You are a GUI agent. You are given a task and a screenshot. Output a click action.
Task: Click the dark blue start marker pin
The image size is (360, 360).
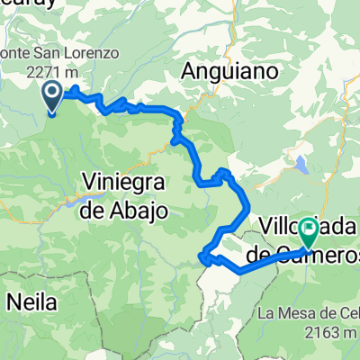[x=52, y=96]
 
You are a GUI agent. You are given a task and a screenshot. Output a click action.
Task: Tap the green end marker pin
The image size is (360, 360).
[x=308, y=231]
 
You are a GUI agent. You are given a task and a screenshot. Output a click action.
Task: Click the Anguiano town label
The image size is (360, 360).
[x=229, y=69]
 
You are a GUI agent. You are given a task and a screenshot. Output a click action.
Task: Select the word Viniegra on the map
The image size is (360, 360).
[x=123, y=184]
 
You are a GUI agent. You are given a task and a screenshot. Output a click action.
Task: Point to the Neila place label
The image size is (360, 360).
[x=31, y=300]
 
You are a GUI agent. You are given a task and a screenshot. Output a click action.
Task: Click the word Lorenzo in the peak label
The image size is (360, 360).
[x=90, y=52]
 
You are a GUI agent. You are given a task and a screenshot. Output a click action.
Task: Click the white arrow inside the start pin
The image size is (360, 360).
[x=52, y=92]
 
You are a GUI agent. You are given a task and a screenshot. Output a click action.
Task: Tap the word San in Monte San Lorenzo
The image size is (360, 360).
[x=48, y=52]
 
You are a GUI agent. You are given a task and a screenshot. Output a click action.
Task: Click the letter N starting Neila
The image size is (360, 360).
[x=12, y=300]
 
